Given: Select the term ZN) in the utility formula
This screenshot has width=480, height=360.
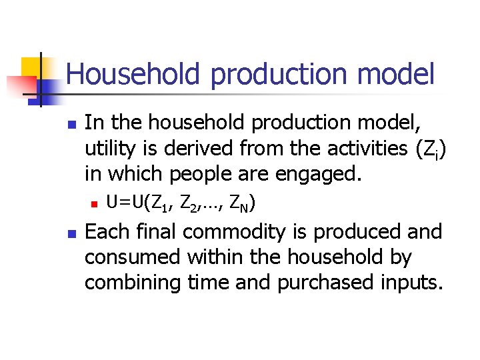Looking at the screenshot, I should coord(241,202).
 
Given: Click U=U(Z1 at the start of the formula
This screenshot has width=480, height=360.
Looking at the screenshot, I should coord(132,202).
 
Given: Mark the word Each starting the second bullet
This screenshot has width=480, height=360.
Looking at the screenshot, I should coord(107,232).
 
